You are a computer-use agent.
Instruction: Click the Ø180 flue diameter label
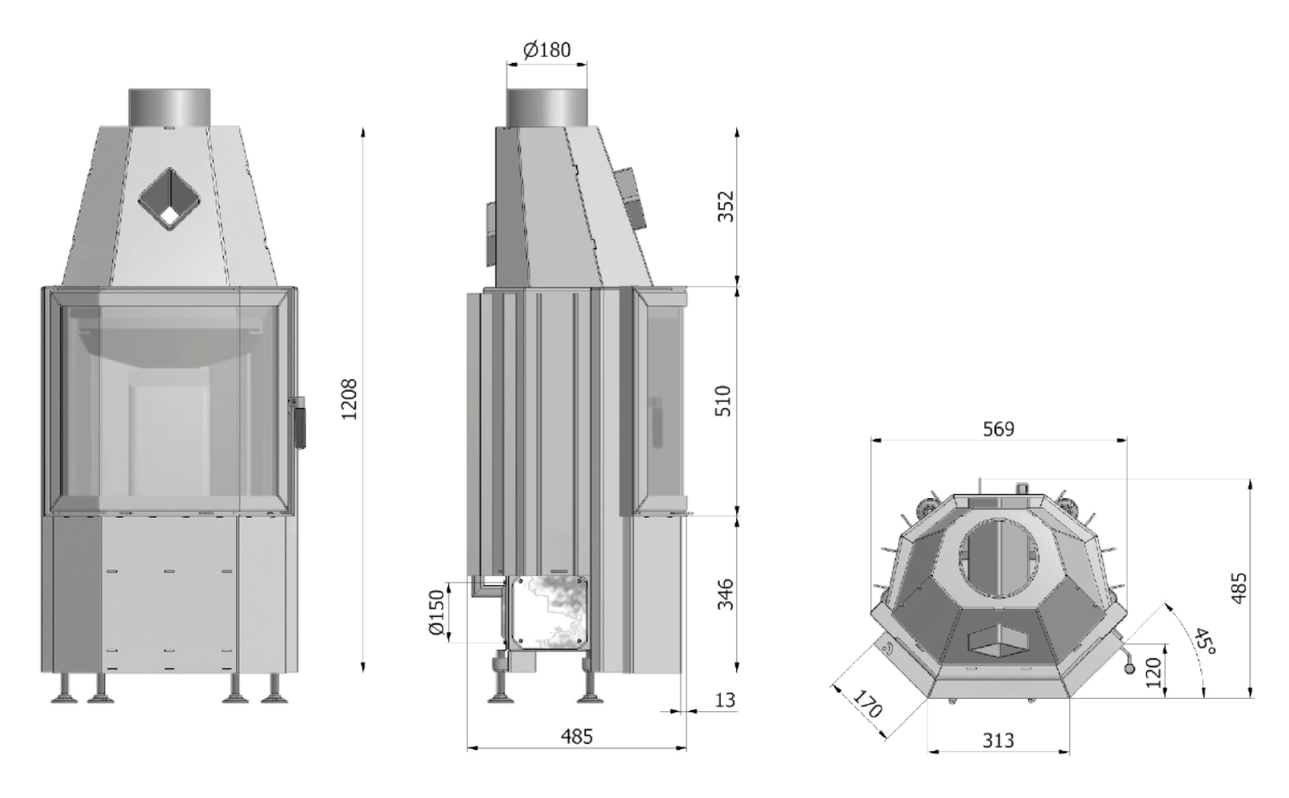tap(547, 50)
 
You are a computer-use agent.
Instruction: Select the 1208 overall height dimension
tap(349, 399)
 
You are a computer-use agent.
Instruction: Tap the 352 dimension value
tap(726, 206)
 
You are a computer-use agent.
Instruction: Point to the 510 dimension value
tap(725, 401)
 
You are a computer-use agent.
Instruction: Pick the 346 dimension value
tap(726, 595)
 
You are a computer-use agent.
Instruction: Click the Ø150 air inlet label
tap(437, 612)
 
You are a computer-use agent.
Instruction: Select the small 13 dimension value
tap(725, 701)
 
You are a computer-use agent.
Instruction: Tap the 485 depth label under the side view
tap(576, 737)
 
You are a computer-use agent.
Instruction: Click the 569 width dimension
tap(999, 428)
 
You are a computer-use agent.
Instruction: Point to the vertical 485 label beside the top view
tap(1239, 587)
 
